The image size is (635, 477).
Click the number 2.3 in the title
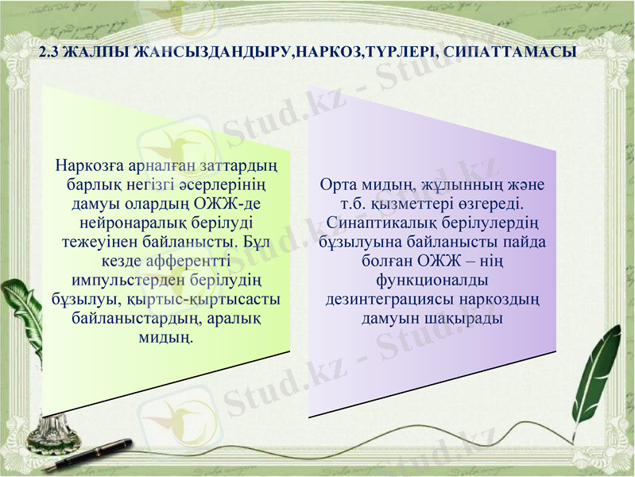tap(48, 53)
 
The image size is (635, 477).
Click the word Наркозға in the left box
tap(86, 167)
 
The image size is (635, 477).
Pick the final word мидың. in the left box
tap(168, 339)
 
